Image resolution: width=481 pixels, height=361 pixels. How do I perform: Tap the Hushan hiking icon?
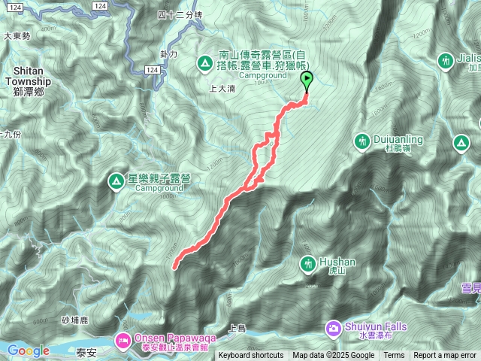pos(308,264)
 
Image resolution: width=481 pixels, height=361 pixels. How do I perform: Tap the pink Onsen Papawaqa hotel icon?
pos(123,341)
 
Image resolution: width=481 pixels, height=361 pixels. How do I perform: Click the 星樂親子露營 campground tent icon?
pos(116,180)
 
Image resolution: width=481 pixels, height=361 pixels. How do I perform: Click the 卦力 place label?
pos(168,54)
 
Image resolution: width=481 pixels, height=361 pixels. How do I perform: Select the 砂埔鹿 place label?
pos(76,321)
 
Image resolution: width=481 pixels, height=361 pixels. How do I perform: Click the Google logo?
pos(28,350)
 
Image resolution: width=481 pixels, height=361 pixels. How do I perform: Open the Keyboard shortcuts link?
pos(251,356)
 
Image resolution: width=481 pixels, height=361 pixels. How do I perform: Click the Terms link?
pos(394,356)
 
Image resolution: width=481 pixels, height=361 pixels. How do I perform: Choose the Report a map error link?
pos(445,356)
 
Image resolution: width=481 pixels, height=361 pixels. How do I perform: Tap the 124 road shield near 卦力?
pos(153,69)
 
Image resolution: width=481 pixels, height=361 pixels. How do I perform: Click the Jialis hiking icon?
pos(446,59)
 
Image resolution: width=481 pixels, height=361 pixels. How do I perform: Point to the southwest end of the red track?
pos(175,266)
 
